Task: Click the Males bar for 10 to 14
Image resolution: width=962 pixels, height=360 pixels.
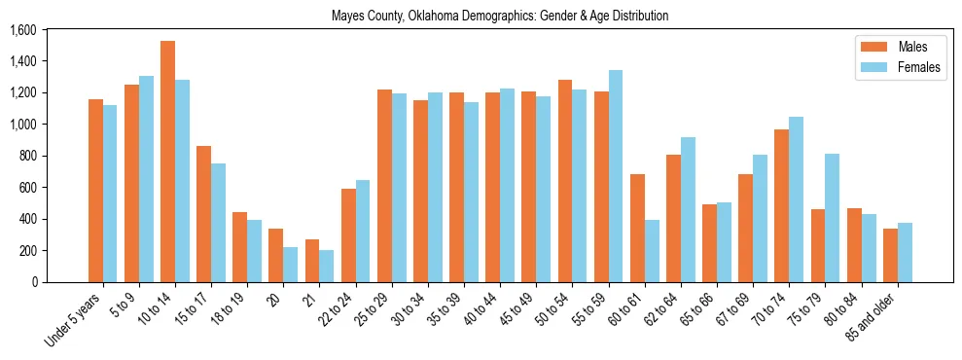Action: point(167,162)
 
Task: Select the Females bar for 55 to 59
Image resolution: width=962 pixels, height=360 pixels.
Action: point(616,176)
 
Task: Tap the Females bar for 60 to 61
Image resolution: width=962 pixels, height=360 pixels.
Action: point(652,251)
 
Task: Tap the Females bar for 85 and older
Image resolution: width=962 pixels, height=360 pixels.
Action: point(905,253)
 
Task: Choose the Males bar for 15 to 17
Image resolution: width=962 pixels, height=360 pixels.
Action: point(203,214)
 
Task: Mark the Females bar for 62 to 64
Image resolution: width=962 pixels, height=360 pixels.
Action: point(688,210)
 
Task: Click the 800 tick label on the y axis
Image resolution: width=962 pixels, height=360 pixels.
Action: point(26,156)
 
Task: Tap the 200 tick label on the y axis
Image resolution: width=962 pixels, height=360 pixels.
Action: point(26,250)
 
